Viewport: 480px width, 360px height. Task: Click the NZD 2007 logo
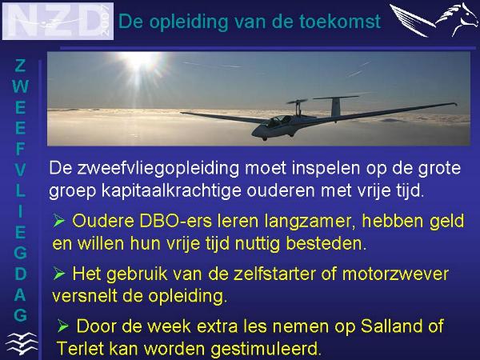(58, 21)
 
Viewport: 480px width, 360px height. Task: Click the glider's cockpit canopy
(278, 121)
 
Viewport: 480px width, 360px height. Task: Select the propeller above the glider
(297, 102)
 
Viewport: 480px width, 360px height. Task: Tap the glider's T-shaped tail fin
(336, 106)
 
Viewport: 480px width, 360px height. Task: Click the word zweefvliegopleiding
(158, 169)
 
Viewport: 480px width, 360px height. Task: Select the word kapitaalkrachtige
(171, 191)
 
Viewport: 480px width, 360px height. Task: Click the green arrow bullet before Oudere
(58, 221)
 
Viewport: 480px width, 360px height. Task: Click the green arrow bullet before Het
(58, 273)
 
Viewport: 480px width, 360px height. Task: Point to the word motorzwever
(395, 274)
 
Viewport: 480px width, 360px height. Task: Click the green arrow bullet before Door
(62, 326)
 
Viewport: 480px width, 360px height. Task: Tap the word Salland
(391, 326)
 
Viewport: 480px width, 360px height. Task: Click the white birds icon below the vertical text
(22, 343)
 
